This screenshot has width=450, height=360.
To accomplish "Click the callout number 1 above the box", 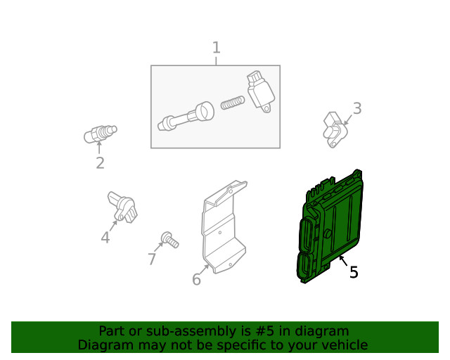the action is (x=217, y=47).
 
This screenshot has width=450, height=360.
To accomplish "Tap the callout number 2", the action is (x=100, y=163).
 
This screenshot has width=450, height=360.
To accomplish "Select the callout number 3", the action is (x=357, y=108).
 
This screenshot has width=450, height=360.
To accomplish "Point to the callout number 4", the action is (x=105, y=238).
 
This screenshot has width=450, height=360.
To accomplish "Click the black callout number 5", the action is (x=354, y=272).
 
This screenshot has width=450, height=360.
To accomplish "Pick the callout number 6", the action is (x=196, y=279).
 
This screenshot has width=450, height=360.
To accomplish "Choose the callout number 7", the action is (x=152, y=259).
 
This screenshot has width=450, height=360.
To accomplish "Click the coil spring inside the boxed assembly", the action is (x=233, y=103).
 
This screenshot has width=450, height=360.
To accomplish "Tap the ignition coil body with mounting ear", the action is (x=261, y=91).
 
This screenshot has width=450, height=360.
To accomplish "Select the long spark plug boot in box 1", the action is (x=186, y=116).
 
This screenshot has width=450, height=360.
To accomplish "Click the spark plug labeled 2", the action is (x=100, y=134).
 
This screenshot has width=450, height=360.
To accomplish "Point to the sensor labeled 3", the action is (x=335, y=130).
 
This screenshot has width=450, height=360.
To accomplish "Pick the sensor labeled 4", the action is (x=122, y=207).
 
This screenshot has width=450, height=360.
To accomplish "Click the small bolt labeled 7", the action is (x=170, y=240).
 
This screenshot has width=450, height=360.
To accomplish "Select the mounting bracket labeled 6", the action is (x=224, y=227).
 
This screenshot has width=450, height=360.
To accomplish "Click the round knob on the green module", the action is (x=327, y=233).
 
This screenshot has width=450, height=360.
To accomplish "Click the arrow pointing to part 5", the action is (x=343, y=261).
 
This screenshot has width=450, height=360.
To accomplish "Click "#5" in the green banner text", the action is (x=265, y=331).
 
